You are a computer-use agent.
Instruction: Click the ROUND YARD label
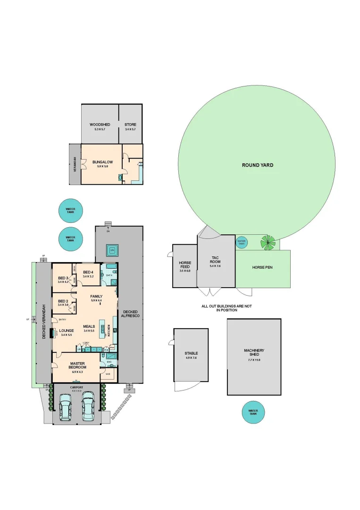tap(257, 165)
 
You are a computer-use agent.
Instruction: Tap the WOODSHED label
tap(100, 125)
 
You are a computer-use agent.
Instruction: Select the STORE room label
tap(130, 125)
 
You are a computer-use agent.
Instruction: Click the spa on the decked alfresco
tap(112, 249)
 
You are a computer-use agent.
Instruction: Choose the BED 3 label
tap(63, 278)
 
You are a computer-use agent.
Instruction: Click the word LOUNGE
tap(67, 331)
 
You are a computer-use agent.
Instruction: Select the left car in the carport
tap(65, 407)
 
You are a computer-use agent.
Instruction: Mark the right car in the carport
tap(88, 407)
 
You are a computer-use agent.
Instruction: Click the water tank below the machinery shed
tap(253, 412)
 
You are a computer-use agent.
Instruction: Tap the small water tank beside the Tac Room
tap(242, 242)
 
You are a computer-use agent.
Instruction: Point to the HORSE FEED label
tap(184, 265)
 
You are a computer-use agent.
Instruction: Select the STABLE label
tap(191, 353)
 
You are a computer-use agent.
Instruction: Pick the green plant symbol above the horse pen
tap(268, 242)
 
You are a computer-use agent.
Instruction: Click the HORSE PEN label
tap(262, 267)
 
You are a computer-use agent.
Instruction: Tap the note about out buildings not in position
tap(226, 308)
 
